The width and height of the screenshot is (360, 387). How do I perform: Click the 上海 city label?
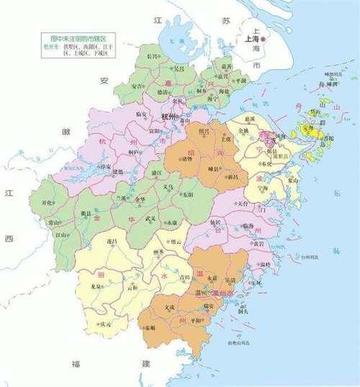point(252,40)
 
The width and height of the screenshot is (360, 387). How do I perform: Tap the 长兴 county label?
point(152,55)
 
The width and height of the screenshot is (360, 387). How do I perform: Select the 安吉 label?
point(137,86)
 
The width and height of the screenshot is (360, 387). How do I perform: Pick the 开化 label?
point(48,204)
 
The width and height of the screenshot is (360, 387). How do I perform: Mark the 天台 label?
point(243,204)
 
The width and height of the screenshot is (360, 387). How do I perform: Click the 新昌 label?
point(232,177)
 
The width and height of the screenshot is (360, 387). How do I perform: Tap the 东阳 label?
point(188,194)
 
